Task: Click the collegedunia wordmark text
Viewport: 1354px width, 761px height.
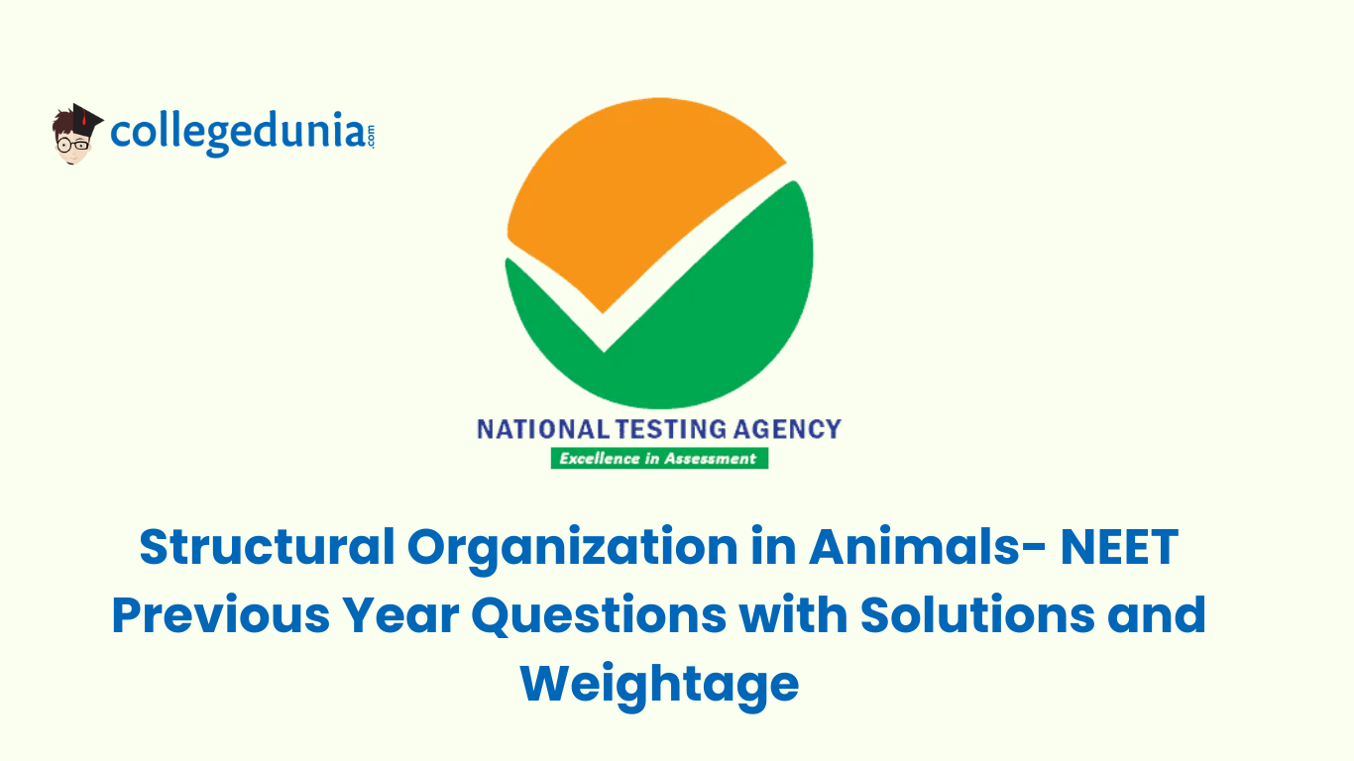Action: [238, 133]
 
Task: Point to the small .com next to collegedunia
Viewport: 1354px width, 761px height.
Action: [370, 136]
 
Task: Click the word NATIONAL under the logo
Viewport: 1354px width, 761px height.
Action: [543, 429]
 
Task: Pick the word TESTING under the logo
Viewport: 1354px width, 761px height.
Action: [671, 429]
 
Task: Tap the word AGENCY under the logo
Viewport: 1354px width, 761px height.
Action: [787, 429]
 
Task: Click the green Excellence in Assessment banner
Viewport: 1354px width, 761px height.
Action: [659, 458]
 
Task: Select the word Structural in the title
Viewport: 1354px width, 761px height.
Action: [268, 546]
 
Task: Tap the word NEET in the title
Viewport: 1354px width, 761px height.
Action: [1119, 546]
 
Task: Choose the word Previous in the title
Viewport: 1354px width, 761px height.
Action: [221, 614]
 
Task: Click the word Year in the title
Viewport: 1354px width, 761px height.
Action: [401, 614]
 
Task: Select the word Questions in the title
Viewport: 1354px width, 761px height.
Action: [599, 616]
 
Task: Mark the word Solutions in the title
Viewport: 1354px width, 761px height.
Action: [977, 614]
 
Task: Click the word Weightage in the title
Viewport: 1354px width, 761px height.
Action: [659, 686]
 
